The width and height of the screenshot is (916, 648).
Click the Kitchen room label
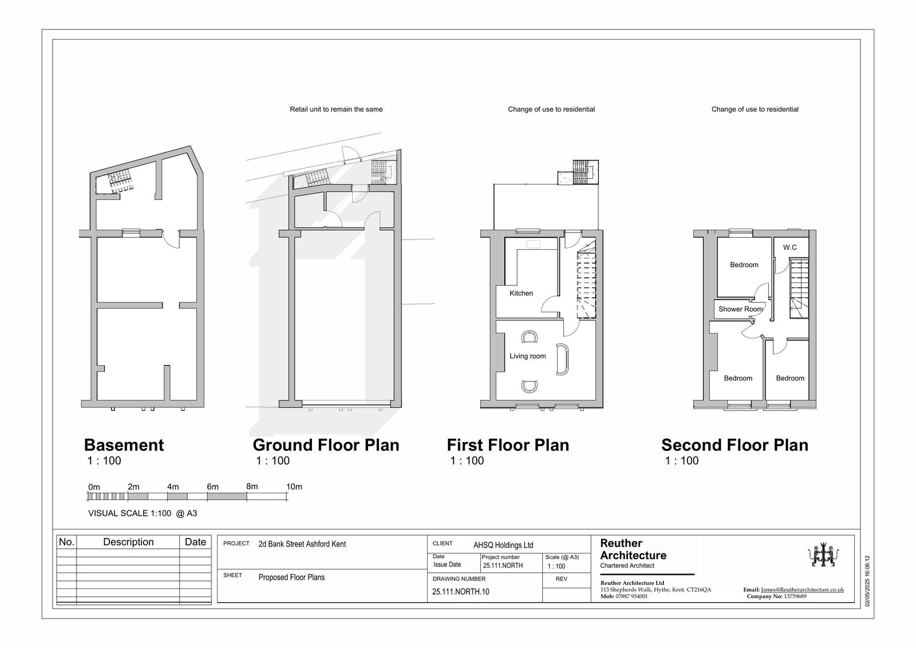521,293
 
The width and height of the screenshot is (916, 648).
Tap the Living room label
527,356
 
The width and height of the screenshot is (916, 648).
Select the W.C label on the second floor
789,248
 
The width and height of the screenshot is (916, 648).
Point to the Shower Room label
741,309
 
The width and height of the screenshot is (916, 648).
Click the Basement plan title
124,445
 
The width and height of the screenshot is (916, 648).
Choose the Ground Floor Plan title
326,445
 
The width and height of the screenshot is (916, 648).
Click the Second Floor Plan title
735,445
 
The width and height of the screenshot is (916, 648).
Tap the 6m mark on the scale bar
212,487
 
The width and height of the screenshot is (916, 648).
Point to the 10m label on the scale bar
294,487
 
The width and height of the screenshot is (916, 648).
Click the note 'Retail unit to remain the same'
336,109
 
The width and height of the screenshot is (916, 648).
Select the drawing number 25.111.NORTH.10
460,591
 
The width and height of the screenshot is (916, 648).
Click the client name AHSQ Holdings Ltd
503,545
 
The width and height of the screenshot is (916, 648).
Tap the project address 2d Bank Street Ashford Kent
302,544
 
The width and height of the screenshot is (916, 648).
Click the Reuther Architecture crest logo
823,556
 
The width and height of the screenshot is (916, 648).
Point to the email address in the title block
802,590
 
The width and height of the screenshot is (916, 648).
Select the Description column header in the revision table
128,542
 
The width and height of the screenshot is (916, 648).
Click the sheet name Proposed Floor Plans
291,578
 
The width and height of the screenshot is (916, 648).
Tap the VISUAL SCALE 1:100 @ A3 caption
143,513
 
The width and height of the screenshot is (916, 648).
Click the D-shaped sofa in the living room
562,359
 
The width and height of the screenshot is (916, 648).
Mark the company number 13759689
795,596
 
